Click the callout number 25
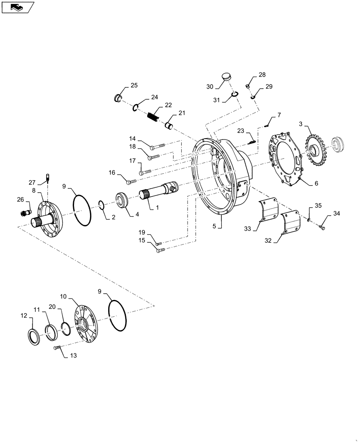coord(134,85)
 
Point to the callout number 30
coord(210,86)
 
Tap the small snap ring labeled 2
coord(101,204)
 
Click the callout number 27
coord(32,183)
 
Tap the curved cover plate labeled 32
coord(291,224)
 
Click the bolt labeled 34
coord(322,227)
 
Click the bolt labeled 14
coord(157,145)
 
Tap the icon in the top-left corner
coord(17,7)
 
